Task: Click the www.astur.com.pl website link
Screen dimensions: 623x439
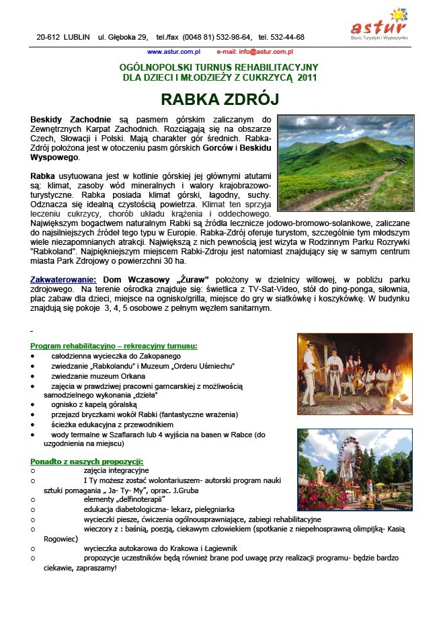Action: [173, 51]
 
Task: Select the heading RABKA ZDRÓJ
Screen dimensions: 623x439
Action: [218, 100]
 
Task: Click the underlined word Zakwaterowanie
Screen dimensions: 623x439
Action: [64, 279]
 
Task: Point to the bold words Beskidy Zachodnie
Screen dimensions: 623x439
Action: [63, 119]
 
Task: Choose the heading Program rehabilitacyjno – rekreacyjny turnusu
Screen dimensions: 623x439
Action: [114, 346]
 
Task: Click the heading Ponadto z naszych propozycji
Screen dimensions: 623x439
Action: [87, 462]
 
